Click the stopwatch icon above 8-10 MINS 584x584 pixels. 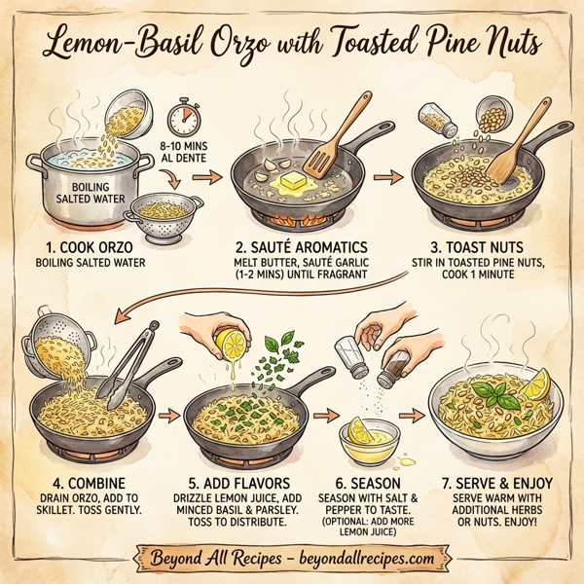point(184,119)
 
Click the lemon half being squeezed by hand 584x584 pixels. point(233,346)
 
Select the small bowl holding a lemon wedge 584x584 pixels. point(367,437)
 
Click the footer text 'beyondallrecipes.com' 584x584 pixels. point(358,559)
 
